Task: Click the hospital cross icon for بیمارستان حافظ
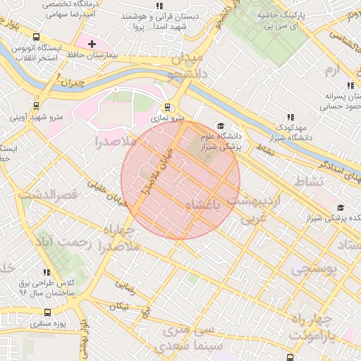pos(92,44)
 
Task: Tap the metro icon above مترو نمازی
pos(167,107)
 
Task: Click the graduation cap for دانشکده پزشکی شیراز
pos(341,207)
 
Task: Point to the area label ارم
pos(332,70)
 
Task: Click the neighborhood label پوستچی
pos(314,269)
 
